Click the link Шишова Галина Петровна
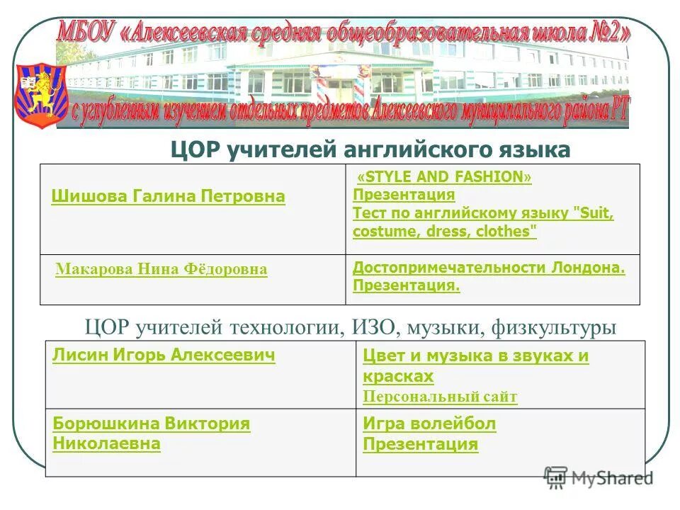(168, 196)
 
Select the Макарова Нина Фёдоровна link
(161, 269)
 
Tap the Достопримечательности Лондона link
(489, 268)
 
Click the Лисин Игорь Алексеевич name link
(164, 356)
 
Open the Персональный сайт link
(440, 397)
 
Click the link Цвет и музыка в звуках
(475, 356)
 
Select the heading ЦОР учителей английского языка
(370, 149)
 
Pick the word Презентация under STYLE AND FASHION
(403, 195)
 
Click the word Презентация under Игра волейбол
(420, 444)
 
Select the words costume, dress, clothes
(444, 232)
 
